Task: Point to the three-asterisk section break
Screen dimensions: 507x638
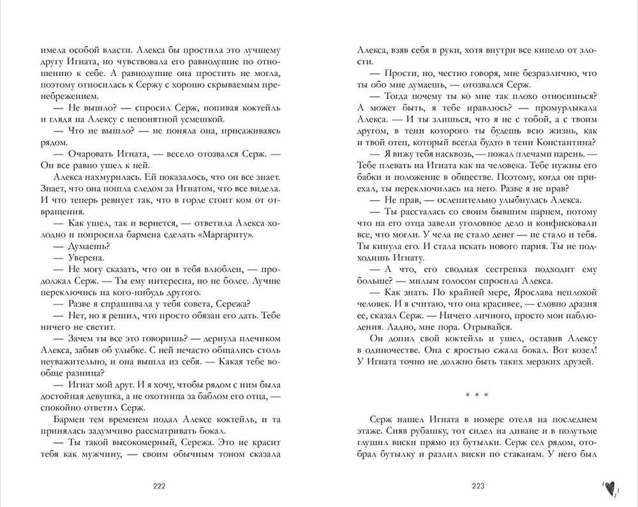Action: tap(477, 395)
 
